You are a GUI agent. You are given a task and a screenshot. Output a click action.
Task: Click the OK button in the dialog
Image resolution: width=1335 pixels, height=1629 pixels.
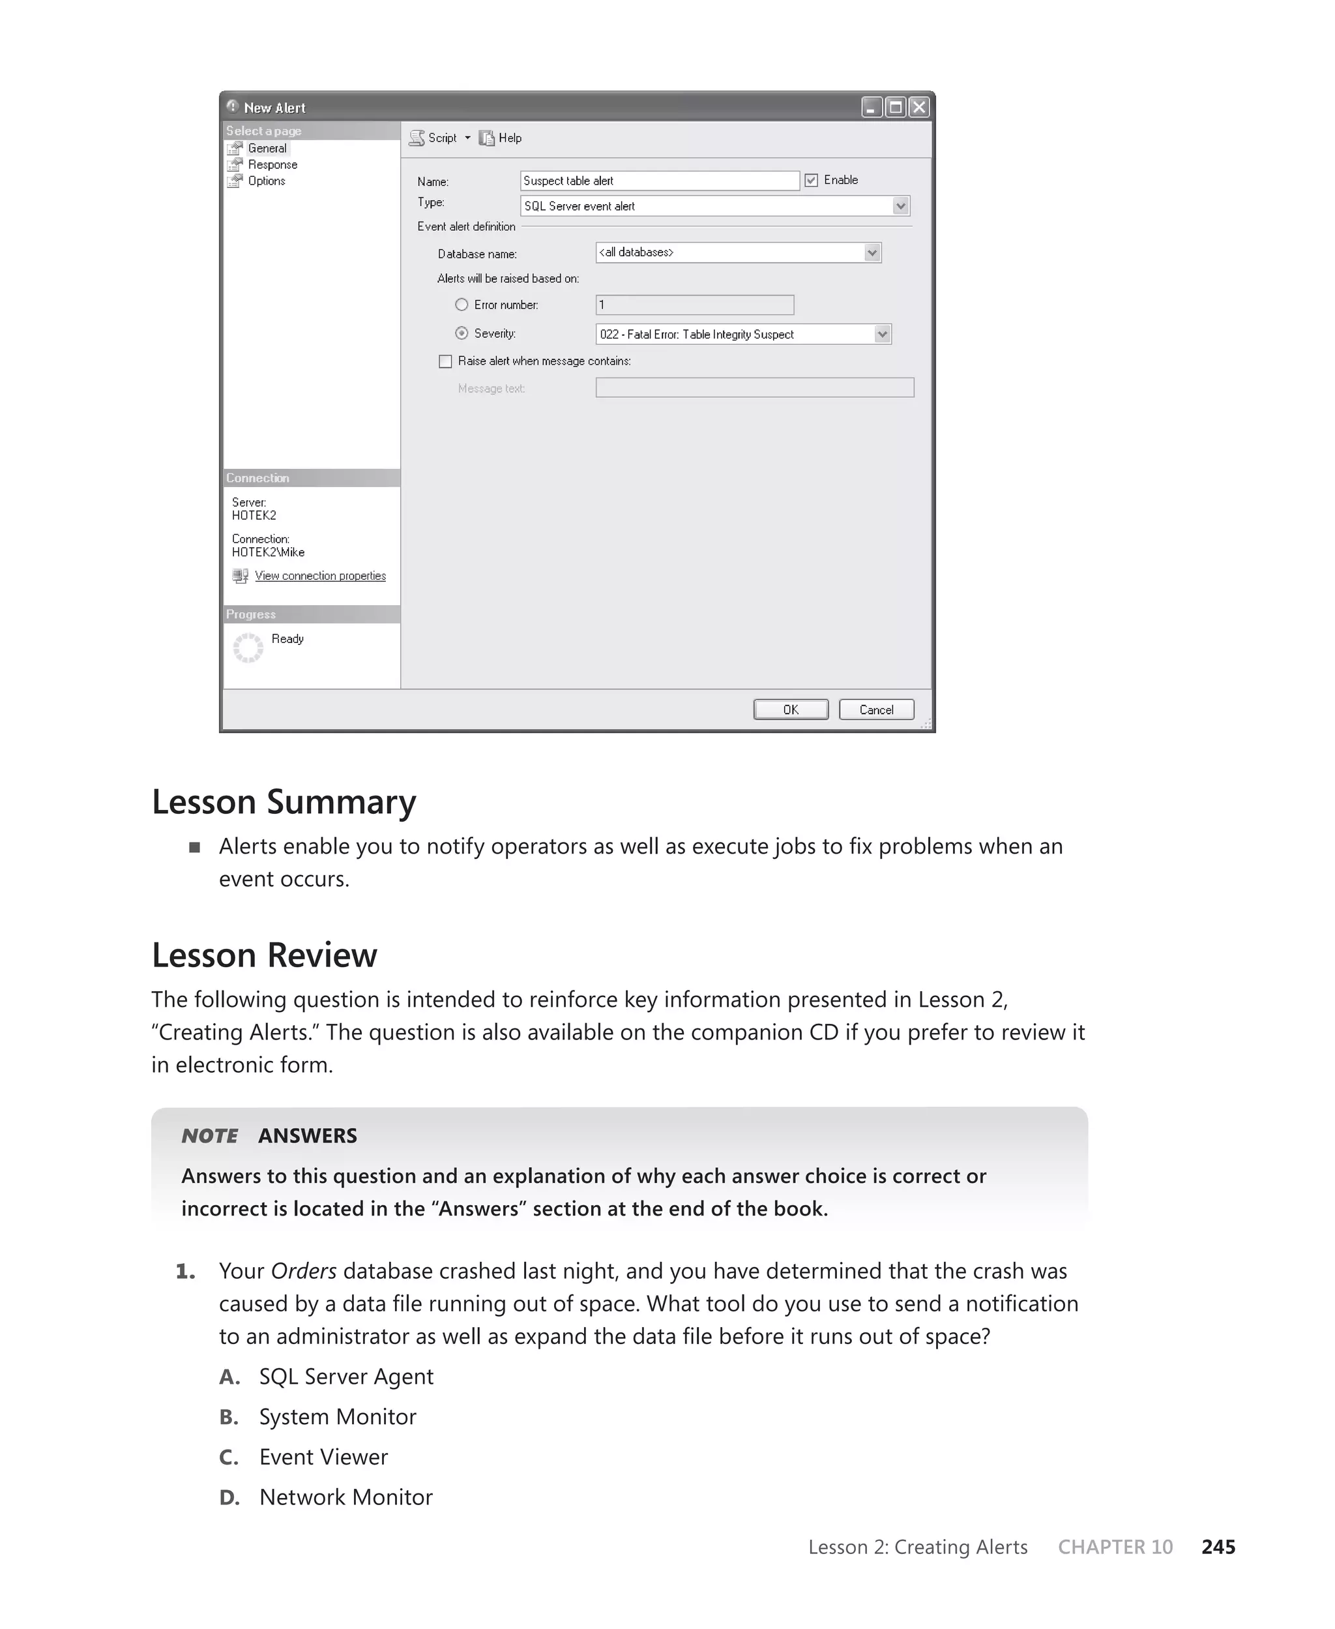click(x=791, y=709)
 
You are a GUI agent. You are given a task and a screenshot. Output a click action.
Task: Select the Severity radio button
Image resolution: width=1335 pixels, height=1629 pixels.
click(x=462, y=333)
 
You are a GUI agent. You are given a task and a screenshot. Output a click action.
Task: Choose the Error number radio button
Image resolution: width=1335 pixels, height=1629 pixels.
click(x=462, y=305)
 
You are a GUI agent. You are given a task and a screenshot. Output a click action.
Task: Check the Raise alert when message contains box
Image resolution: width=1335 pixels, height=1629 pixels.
click(x=445, y=361)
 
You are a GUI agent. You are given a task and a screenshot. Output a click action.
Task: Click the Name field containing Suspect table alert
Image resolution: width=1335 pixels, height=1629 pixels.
click(x=659, y=181)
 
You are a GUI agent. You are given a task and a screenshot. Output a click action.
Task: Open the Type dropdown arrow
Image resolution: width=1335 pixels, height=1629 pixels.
click(x=900, y=206)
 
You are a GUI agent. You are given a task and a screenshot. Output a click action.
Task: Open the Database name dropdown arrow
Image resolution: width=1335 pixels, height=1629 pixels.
click(x=872, y=252)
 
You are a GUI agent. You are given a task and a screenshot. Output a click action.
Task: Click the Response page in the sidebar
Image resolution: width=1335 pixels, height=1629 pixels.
click(x=272, y=164)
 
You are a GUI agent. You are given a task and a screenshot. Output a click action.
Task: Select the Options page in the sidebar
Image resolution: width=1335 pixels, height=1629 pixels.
click(x=266, y=181)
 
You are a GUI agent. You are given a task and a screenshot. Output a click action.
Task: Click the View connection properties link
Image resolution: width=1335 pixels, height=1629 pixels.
click(x=320, y=575)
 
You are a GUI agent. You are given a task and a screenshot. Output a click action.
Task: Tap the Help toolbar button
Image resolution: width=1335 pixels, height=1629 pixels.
click(x=501, y=138)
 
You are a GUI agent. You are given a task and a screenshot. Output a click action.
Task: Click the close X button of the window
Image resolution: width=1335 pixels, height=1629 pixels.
click(x=918, y=107)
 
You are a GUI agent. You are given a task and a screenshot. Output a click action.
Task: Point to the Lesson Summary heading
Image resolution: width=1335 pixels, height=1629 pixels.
click(x=284, y=801)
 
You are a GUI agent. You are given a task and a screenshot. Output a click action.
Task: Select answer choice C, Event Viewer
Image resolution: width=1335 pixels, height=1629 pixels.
click(x=323, y=1457)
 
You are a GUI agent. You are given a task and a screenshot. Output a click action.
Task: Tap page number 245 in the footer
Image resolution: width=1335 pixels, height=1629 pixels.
click(x=1218, y=1547)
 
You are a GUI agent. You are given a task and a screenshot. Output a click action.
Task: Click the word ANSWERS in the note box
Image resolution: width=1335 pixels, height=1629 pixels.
click(x=308, y=1135)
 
